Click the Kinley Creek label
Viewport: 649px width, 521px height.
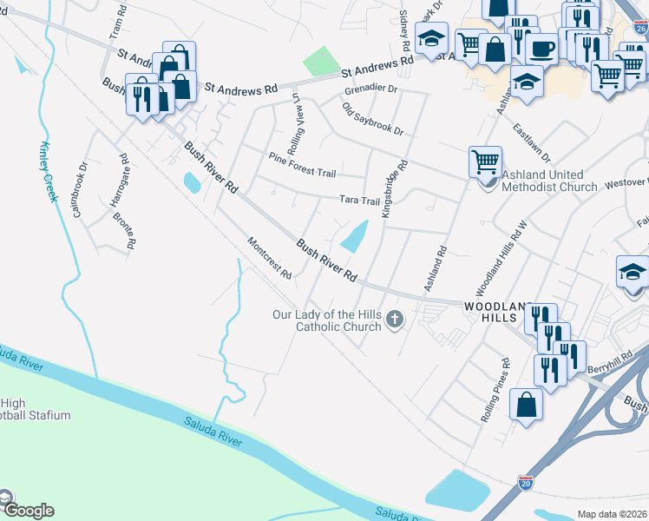point(49,171)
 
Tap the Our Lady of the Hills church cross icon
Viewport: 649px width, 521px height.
point(395,320)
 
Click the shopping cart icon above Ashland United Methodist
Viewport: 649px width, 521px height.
point(485,161)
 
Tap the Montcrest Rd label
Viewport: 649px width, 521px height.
point(269,258)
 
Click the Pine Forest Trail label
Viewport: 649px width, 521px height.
point(302,166)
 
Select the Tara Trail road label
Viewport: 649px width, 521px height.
point(359,201)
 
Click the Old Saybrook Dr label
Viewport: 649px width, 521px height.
point(373,118)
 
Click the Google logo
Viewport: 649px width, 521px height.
point(29,511)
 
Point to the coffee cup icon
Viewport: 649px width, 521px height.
point(541,48)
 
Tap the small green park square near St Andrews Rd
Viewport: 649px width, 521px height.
point(322,62)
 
